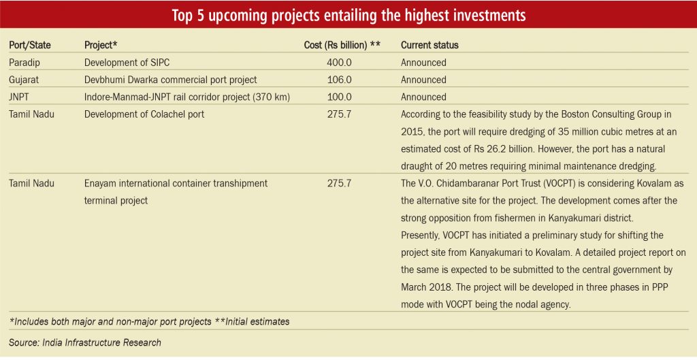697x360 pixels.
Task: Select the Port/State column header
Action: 30,46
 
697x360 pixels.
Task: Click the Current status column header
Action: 429,46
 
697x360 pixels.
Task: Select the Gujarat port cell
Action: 24,80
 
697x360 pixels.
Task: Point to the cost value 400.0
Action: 339,63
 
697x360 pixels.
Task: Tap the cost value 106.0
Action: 339,80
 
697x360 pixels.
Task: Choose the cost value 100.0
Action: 339,97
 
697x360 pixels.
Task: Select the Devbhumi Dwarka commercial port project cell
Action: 171,80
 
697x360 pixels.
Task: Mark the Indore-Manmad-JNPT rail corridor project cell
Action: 187,97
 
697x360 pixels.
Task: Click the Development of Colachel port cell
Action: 144,114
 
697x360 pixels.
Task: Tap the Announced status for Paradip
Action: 423,63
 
